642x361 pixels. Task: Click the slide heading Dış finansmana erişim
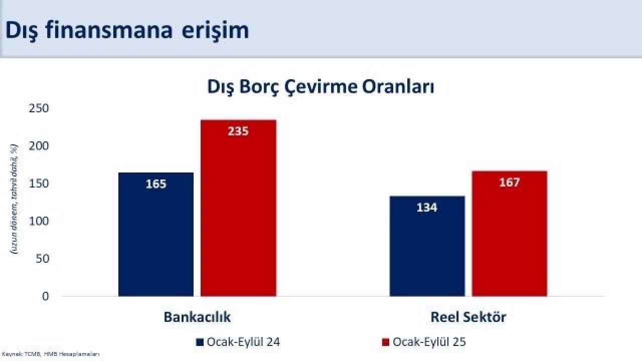(x=127, y=30)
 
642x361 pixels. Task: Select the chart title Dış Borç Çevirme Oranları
(x=320, y=87)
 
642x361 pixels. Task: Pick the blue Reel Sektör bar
(x=427, y=246)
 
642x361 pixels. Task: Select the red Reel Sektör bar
(x=510, y=236)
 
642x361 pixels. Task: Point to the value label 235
(x=238, y=131)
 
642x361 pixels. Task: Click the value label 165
(x=156, y=184)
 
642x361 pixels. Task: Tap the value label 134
(x=427, y=207)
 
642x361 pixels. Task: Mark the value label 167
(x=510, y=183)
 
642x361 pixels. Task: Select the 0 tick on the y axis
(x=45, y=296)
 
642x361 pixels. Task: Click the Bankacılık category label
(x=197, y=317)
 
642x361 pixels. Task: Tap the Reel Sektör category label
(x=468, y=317)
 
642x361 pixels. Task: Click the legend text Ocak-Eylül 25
(x=429, y=342)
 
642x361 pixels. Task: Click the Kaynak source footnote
(x=50, y=354)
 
